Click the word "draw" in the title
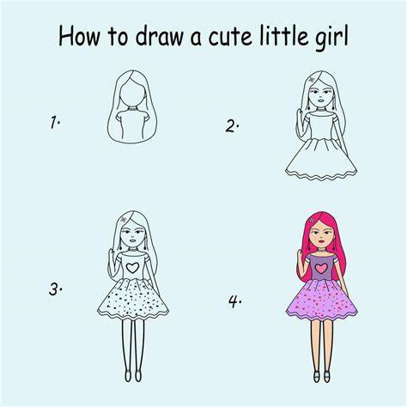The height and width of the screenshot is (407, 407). [x=159, y=36]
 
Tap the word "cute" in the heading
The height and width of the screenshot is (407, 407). [x=230, y=37]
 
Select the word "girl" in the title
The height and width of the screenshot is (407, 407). [x=331, y=39]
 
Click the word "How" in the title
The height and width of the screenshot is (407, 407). [x=79, y=37]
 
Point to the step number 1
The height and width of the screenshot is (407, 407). [x=54, y=122]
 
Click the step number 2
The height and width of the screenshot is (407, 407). [x=232, y=126]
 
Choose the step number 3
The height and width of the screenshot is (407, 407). [x=55, y=289]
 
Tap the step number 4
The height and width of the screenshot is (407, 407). [x=234, y=301]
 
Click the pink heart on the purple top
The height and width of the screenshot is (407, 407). [x=321, y=268]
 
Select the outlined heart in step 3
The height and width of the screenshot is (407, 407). [x=132, y=268]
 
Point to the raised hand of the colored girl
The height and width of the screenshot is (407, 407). [x=301, y=256]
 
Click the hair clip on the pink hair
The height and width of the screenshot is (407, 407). [x=312, y=221]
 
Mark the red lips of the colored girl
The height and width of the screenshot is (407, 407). [x=322, y=241]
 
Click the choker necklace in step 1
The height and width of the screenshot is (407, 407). [x=132, y=109]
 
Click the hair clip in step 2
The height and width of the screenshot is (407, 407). [x=312, y=80]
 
